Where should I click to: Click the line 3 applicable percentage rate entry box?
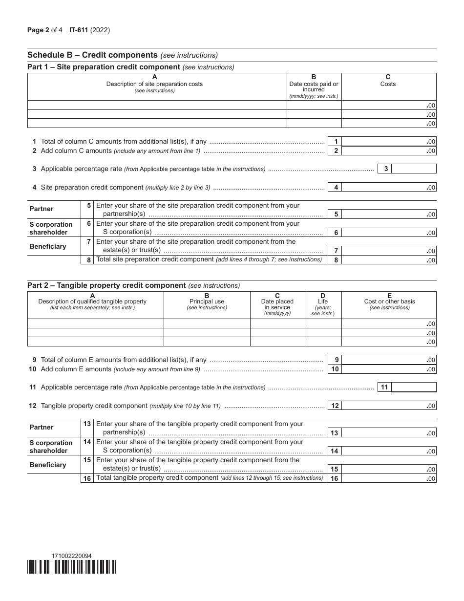point(414,169)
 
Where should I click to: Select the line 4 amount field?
point(389,187)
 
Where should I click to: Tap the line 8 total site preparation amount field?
point(389,260)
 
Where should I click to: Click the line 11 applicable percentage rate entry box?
point(414,387)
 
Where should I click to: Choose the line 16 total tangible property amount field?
point(389,478)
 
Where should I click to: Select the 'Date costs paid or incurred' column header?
point(314,86)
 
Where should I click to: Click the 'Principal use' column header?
point(207,301)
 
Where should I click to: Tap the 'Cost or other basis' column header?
point(389,301)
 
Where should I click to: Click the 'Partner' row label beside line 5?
point(42,209)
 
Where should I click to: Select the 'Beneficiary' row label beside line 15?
point(47,465)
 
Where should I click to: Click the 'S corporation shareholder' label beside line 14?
point(51,447)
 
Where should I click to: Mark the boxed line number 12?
point(335,406)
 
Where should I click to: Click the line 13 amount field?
point(389,433)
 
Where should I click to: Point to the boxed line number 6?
point(336,233)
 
